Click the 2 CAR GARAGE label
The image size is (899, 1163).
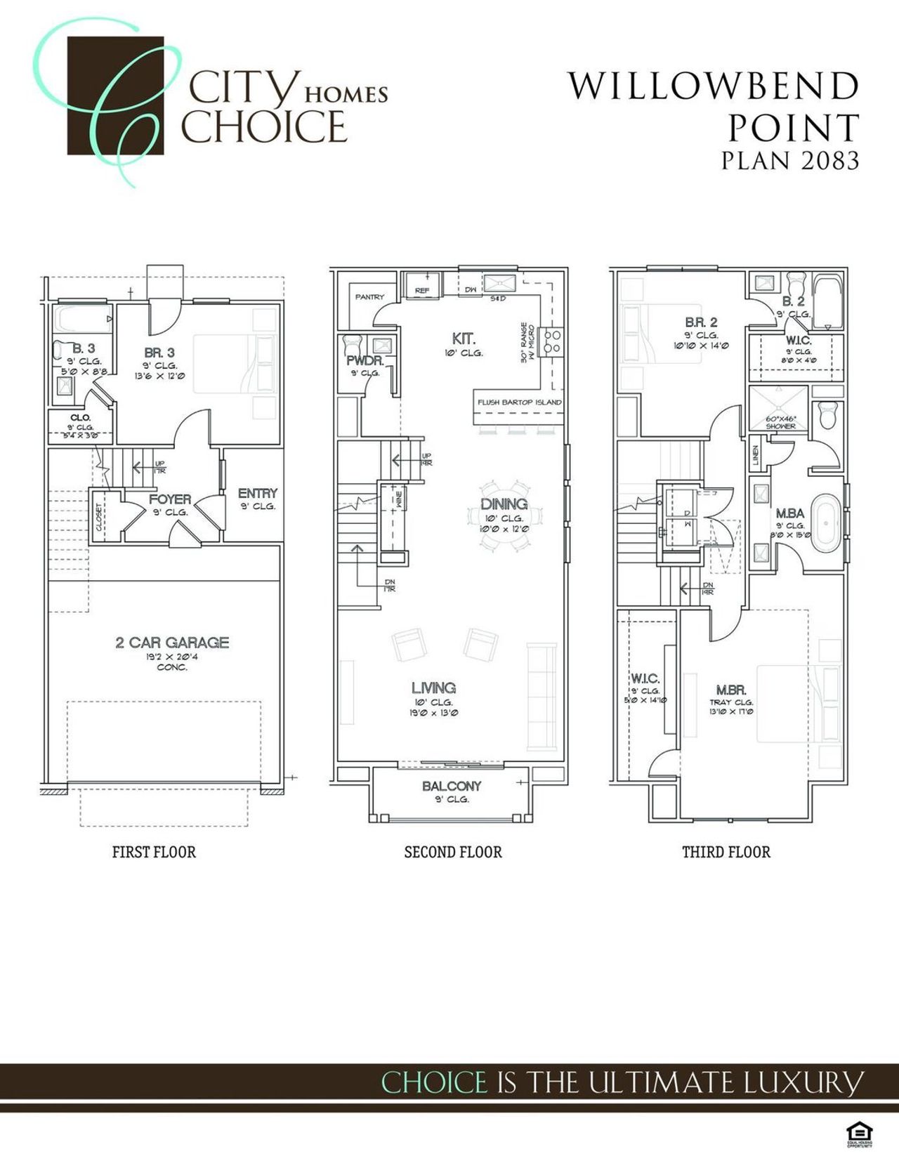point(172,642)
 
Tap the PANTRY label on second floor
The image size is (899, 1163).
point(369,297)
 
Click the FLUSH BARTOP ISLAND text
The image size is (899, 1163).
point(519,402)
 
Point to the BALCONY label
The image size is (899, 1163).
point(452,786)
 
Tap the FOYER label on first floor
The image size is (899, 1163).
point(169,499)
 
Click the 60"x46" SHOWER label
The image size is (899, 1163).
point(780,422)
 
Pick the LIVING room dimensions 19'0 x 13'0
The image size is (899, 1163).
point(433,713)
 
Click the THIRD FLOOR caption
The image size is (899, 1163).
point(726,852)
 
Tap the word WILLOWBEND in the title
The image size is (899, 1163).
point(713,86)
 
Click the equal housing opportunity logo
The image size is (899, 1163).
point(859,1133)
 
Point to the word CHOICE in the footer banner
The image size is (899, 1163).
point(433,1082)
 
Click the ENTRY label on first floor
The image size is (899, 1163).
point(257,493)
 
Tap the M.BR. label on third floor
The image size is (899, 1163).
point(731,690)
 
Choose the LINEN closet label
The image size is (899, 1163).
point(756,455)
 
